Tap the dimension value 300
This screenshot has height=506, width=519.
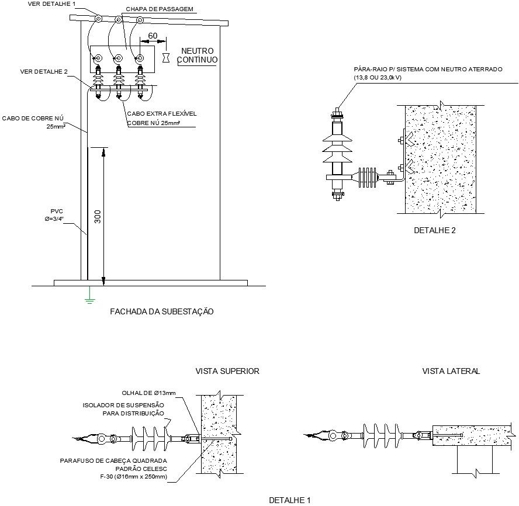(x=97, y=217)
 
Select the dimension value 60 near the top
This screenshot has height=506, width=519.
(x=153, y=36)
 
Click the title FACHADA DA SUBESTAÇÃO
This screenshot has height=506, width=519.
(x=162, y=311)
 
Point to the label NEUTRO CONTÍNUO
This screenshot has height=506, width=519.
(x=198, y=56)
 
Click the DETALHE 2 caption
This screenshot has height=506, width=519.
(x=435, y=230)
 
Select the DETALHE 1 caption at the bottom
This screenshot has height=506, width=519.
(x=290, y=500)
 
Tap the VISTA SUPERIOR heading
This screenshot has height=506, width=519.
(x=227, y=371)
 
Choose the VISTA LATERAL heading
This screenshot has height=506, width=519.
(x=451, y=371)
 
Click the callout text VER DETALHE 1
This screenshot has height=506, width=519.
(x=51, y=4)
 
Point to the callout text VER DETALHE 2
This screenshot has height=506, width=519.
(x=44, y=71)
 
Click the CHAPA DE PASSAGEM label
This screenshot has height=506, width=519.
(x=160, y=9)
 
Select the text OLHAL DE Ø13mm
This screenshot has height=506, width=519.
(x=148, y=393)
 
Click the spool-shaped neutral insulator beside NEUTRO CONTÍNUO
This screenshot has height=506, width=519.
(x=166, y=57)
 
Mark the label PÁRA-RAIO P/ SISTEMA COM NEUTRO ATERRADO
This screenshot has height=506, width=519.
(x=428, y=70)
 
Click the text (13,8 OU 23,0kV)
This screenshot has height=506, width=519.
(x=378, y=78)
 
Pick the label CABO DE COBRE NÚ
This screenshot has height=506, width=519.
(x=33, y=119)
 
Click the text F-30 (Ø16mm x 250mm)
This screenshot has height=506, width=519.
(x=133, y=477)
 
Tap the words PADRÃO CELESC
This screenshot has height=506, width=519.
(x=141, y=469)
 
